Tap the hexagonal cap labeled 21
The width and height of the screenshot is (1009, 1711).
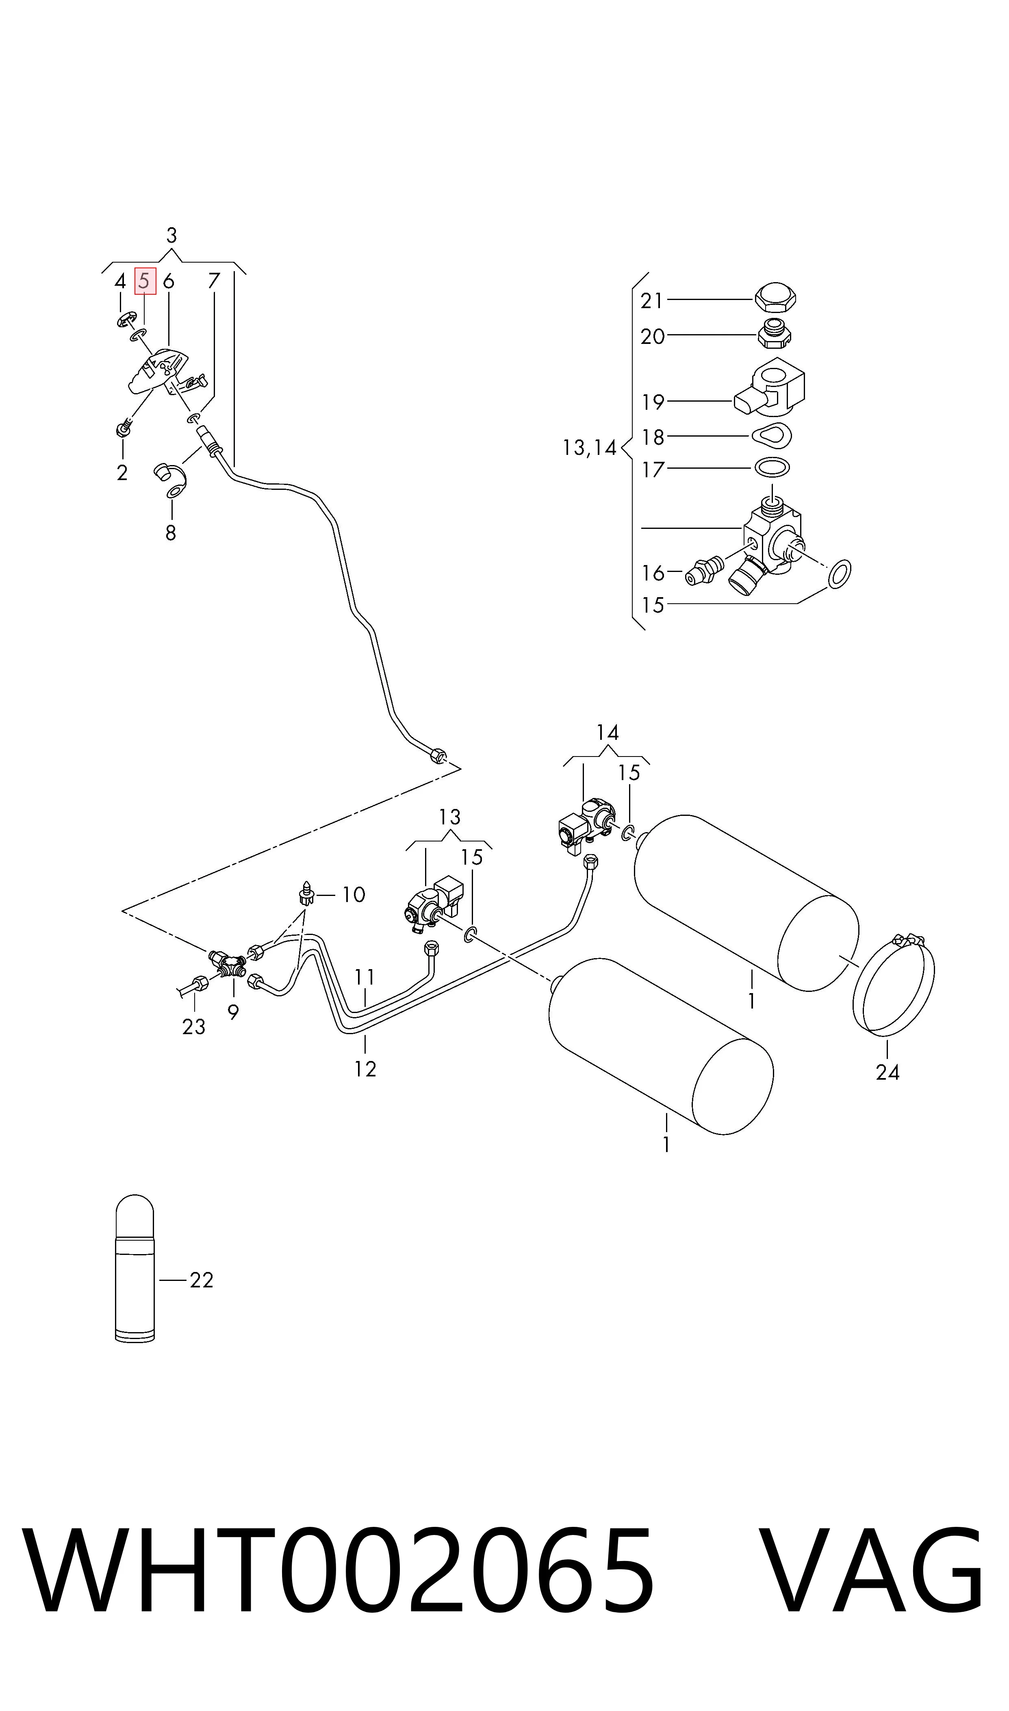click(x=775, y=299)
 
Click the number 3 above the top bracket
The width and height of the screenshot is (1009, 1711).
click(x=171, y=235)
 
